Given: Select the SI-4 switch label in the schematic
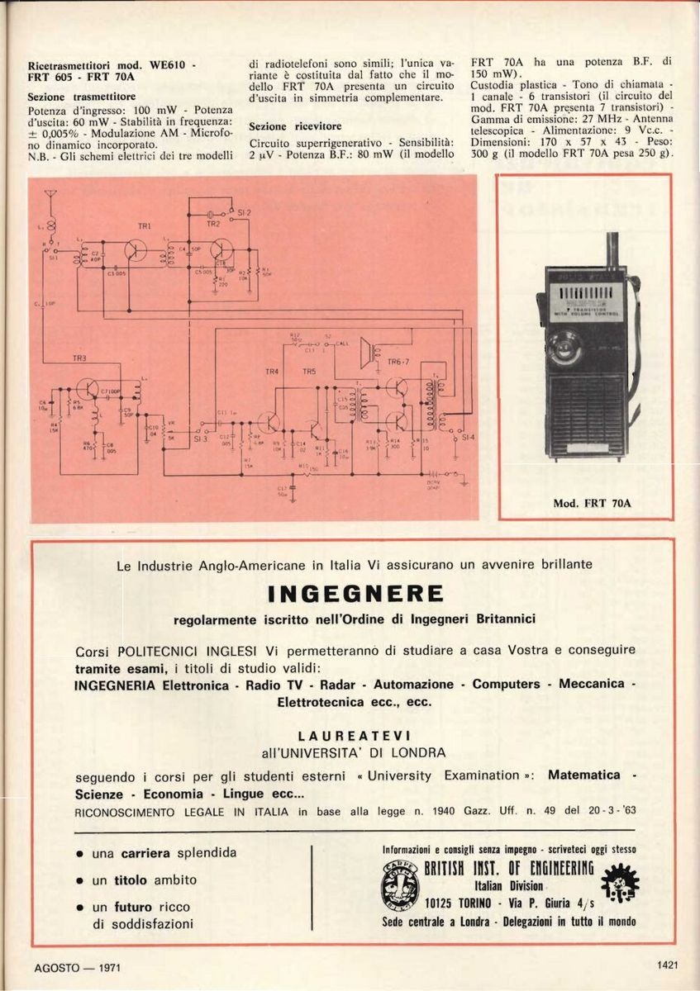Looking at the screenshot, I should point(469,437).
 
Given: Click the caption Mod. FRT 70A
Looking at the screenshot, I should point(586,502).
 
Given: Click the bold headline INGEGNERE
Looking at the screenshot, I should point(356,594).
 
